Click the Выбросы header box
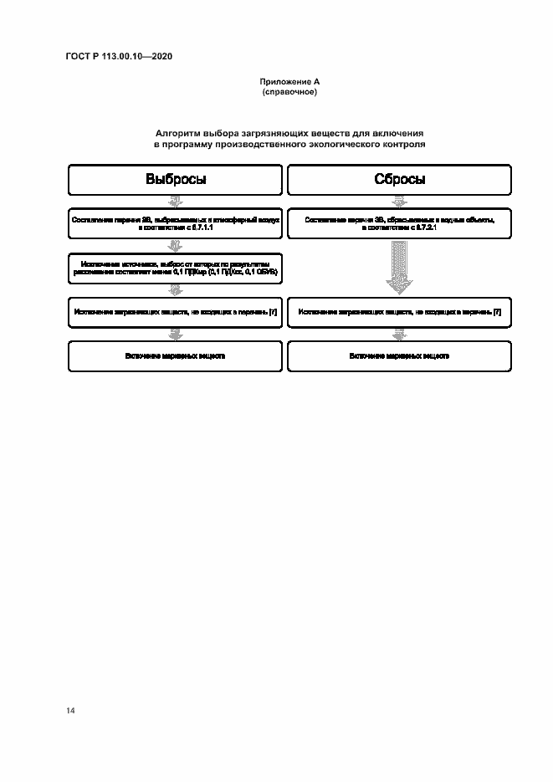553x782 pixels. click(176, 180)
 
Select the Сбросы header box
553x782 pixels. click(400, 180)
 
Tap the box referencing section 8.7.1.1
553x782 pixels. click(176, 222)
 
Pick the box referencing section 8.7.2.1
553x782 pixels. click(400, 222)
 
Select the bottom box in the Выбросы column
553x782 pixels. click(176, 356)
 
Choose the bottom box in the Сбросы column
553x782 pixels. click(400, 356)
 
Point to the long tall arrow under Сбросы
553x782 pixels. click(400, 266)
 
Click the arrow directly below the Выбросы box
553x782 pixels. click(176, 201)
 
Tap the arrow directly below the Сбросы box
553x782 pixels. click(400, 201)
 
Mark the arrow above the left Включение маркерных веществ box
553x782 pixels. click(176, 334)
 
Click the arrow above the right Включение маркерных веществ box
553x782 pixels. click(400, 334)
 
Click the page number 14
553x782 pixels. click(70, 711)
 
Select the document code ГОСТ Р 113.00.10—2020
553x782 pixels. click(119, 57)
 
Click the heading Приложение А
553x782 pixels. click(289, 82)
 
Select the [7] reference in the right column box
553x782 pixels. click(497, 312)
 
